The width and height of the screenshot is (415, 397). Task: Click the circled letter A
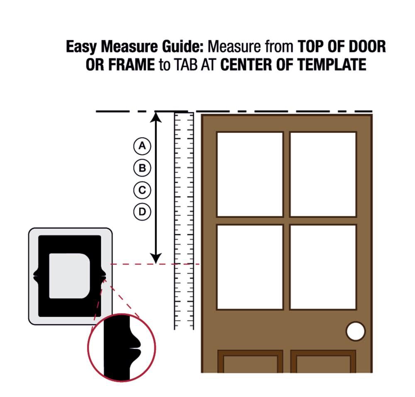142,146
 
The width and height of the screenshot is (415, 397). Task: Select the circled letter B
142,168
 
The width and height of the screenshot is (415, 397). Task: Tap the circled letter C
142,190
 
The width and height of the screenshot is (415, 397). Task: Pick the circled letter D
142,212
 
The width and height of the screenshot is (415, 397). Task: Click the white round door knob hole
356,331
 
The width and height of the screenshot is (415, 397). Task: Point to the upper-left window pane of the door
250,174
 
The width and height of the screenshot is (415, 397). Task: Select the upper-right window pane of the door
323,174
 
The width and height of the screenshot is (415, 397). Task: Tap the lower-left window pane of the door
250,267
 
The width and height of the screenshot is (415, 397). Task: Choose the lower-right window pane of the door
323,267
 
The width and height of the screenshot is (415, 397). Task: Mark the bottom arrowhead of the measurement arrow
156,259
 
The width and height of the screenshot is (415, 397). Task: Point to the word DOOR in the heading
367,47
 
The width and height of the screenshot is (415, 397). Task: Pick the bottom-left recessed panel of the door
250,363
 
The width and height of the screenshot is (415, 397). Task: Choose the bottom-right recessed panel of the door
323,363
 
